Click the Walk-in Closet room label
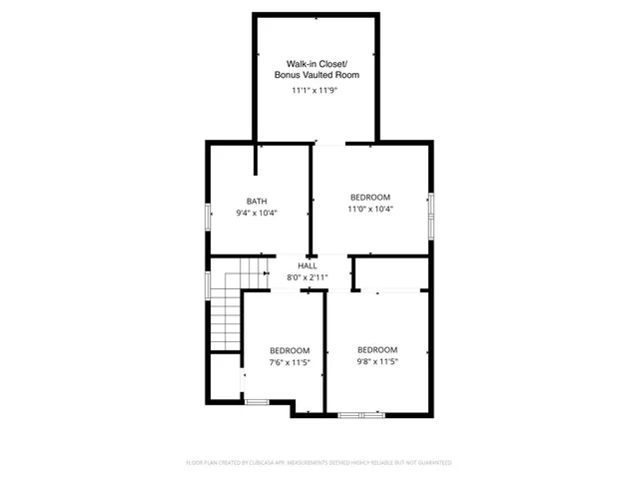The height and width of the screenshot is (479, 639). coord(317,63)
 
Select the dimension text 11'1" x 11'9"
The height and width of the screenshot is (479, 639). coord(317,90)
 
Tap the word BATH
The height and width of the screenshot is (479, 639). coord(257,201)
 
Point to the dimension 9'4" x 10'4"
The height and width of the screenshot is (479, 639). coord(257,213)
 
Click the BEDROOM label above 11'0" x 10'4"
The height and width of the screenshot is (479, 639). coord(369,197)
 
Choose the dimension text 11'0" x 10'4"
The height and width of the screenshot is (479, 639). coord(369,210)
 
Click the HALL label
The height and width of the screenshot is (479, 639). coord(307,265)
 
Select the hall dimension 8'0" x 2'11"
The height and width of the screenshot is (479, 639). coord(307,277)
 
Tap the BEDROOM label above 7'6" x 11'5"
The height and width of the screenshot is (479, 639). coord(290,350)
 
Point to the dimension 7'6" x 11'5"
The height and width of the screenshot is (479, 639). coord(290,363)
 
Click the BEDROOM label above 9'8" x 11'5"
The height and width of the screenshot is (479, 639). coord(377,349)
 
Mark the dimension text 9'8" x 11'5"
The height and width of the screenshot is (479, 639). coord(377,362)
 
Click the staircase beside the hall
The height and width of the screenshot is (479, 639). coord(227,309)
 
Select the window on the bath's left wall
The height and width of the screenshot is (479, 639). coord(208,218)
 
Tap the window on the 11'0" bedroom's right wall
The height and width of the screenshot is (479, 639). coord(431,214)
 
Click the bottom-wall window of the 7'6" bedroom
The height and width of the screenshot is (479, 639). coord(258,402)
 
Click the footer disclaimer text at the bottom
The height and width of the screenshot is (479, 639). coord(319,462)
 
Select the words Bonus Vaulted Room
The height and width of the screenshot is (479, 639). coord(317,76)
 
